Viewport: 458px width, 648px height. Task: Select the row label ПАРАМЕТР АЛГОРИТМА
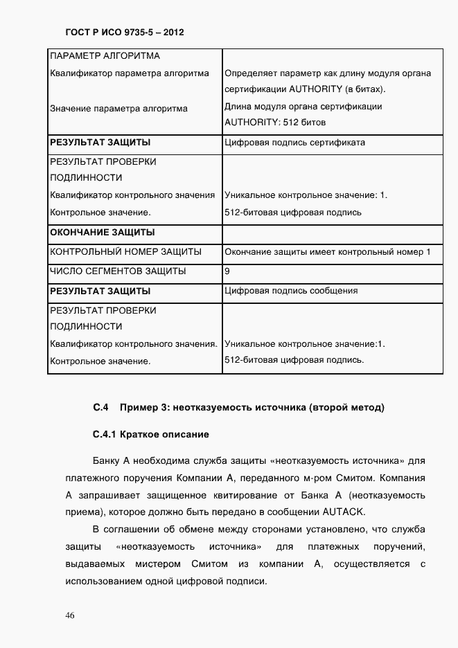point(105,55)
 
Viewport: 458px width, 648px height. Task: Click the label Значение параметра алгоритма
point(118,109)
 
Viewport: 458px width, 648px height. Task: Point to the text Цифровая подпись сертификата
point(294,143)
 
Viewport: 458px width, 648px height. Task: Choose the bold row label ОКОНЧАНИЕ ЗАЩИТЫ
point(101,232)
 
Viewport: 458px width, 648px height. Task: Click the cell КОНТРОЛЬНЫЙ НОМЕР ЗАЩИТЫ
point(125,251)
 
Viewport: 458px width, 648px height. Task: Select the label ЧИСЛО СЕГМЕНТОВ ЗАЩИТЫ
point(117,271)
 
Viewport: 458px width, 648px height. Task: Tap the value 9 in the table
point(227,271)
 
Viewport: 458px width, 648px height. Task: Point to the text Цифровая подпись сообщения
point(291,291)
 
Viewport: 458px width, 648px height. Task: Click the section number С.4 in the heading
point(101,407)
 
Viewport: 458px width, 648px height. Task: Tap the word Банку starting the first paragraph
point(106,460)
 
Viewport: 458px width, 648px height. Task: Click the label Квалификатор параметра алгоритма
point(130,73)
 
